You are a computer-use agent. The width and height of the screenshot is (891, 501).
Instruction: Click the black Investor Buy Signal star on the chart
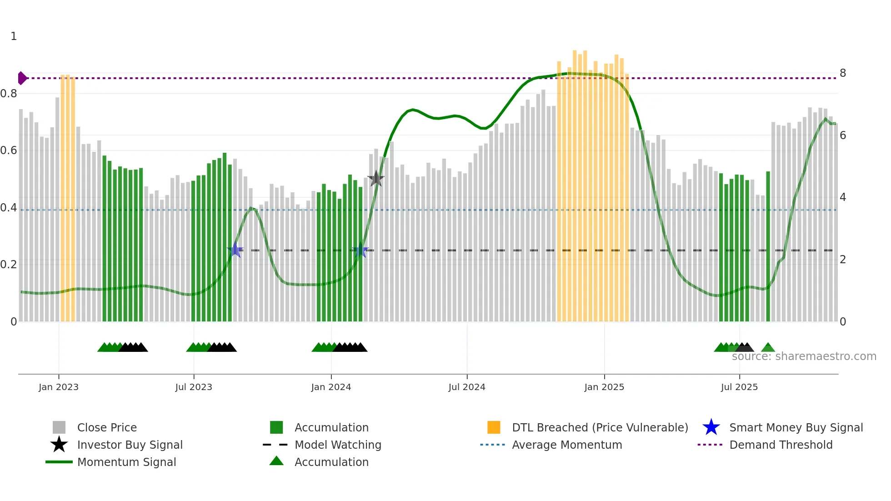[376, 179]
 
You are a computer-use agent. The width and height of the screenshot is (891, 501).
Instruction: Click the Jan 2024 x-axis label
[331, 387]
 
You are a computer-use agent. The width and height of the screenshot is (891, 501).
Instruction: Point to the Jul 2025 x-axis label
[739, 387]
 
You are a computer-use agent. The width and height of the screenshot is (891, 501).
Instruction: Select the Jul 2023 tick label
[194, 387]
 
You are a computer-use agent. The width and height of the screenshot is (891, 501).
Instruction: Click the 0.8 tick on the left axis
[9, 94]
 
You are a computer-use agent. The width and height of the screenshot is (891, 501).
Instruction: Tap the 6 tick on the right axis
[843, 135]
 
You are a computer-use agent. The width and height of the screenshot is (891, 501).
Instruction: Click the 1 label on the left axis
[14, 36]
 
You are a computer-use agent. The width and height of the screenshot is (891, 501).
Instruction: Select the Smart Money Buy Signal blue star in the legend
[711, 427]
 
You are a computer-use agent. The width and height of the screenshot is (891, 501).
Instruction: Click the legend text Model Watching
[338, 445]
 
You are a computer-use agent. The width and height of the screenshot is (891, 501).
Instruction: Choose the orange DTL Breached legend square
[494, 427]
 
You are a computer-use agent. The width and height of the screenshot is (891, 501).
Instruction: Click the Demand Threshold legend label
[781, 445]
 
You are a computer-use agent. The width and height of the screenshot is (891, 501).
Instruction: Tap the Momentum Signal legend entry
[126, 462]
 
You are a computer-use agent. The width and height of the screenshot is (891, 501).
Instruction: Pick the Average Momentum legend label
[567, 445]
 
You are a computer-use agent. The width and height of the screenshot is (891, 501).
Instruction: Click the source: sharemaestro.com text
[804, 356]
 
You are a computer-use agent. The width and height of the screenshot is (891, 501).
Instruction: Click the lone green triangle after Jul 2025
[768, 348]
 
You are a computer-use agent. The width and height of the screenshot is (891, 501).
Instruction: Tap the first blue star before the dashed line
[235, 250]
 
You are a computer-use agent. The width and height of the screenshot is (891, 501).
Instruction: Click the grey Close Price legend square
[59, 427]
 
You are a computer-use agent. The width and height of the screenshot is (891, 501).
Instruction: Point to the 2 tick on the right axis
[843, 260]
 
